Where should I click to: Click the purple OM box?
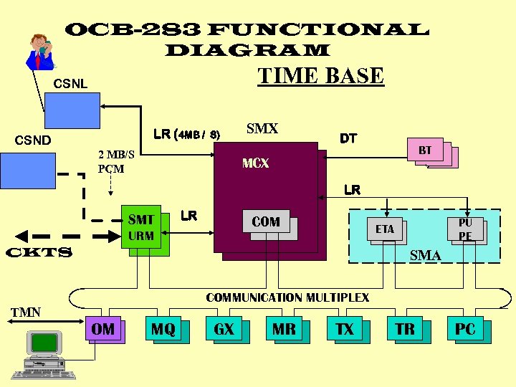tap(103, 329)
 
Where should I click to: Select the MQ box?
tap(163, 329)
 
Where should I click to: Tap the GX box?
tap(224, 329)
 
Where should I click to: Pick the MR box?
tap(284, 329)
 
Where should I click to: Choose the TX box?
tap(345, 329)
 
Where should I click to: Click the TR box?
tap(405, 329)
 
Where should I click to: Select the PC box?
tap(465, 329)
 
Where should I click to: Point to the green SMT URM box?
tap(141, 228)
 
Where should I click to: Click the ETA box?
tap(385, 229)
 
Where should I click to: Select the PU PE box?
tap(465, 229)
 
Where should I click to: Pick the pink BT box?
tap(426, 151)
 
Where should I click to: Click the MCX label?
tap(256, 163)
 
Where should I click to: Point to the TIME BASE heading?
tap(320, 76)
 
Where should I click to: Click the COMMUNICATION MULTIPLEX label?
tap(287, 297)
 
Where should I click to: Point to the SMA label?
tap(425, 255)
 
